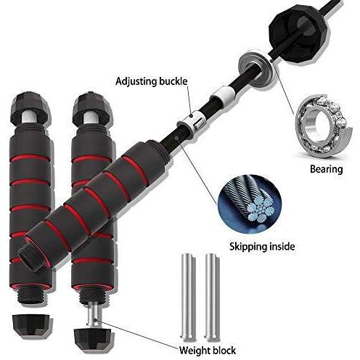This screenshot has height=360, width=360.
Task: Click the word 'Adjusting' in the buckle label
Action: [x=136, y=81]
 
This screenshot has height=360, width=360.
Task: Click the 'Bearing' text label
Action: [x=327, y=169]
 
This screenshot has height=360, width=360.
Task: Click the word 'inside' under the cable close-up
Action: [x=282, y=246]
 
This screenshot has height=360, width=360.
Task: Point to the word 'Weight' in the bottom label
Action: [x=195, y=351]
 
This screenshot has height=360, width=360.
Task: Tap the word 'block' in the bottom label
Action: [x=224, y=350]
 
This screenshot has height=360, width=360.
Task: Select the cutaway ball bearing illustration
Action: [x=322, y=126]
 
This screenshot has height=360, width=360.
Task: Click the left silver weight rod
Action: [x=187, y=295]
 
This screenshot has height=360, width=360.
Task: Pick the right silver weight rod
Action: [x=212, y=295]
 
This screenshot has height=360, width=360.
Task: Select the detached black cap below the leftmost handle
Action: [x=32, y=326]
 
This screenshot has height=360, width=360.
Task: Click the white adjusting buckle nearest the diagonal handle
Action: [x=192, y=120]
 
